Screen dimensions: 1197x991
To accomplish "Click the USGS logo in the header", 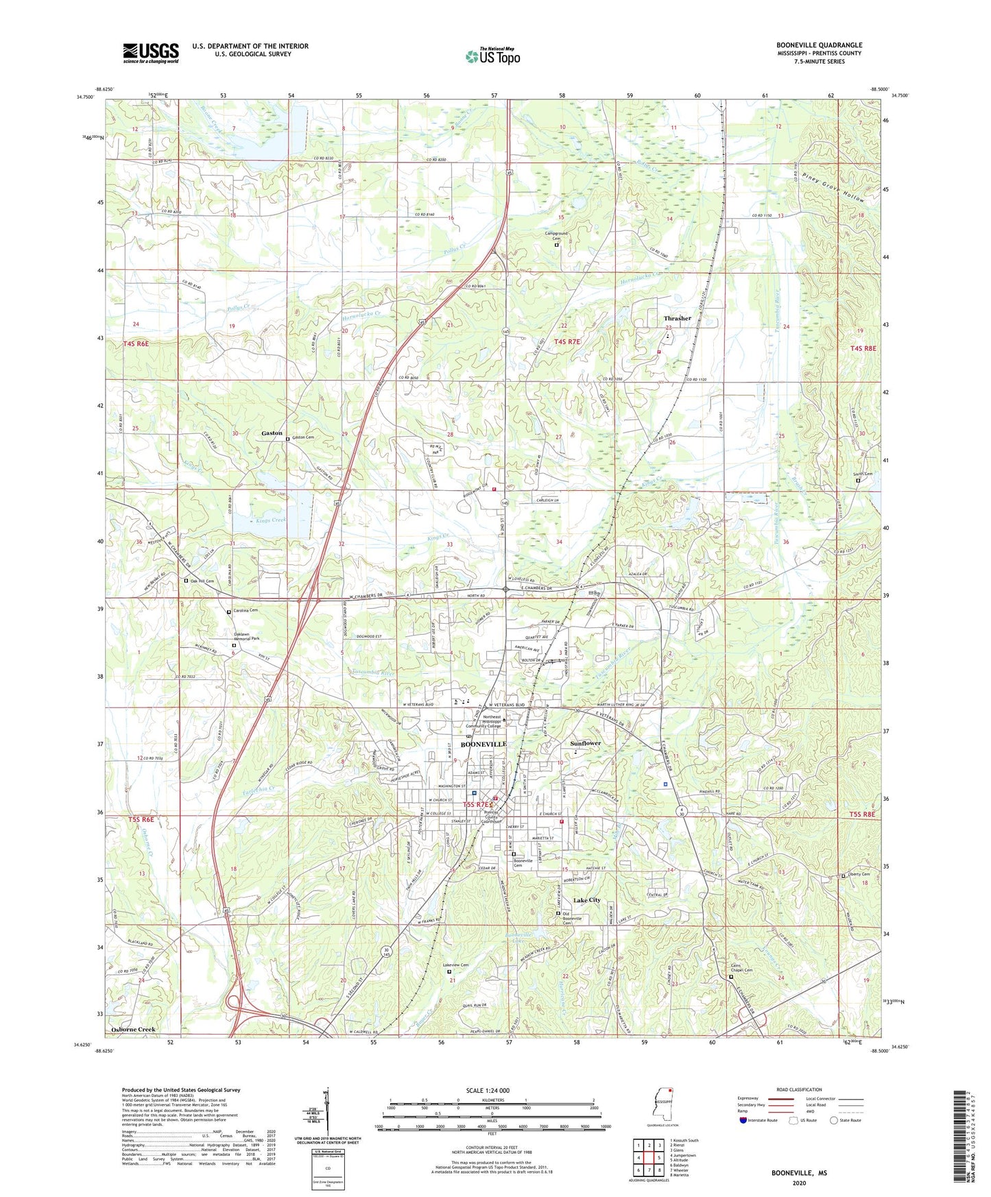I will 151,52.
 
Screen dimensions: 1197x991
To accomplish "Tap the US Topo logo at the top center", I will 492,56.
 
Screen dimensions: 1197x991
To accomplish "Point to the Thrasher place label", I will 677,319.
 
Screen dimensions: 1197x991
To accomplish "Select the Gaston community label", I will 272,433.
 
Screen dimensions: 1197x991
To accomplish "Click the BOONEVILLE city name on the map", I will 483,744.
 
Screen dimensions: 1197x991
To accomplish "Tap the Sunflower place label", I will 585,743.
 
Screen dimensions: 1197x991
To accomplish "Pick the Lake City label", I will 586,900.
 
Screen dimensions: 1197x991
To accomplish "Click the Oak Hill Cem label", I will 202,581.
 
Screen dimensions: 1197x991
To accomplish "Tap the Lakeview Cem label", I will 455,965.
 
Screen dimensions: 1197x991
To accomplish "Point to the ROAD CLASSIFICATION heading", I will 799,1089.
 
